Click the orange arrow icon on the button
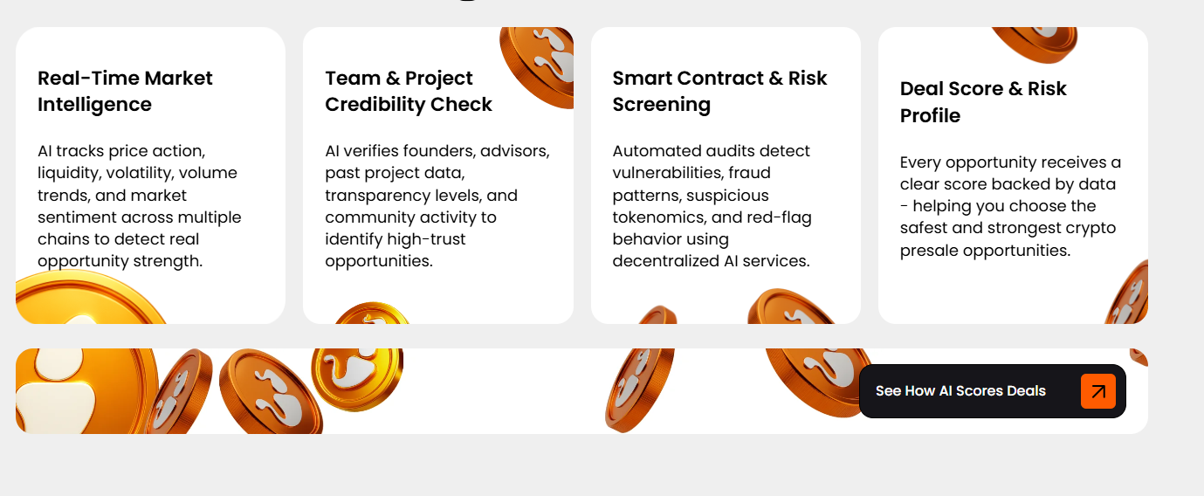click(x=1098, y=391)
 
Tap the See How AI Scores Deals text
click(x=960, y=390)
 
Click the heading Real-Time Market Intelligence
click(x=125, y=92)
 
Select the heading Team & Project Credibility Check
click(x=409, y=92)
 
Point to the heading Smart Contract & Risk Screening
click(x=719, y=92)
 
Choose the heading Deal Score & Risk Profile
click(x=983, y=102)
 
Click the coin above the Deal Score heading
click(x=1035, y=43)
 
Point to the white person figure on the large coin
click(x=57, y=392)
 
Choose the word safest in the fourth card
click(x=924, y=229)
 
